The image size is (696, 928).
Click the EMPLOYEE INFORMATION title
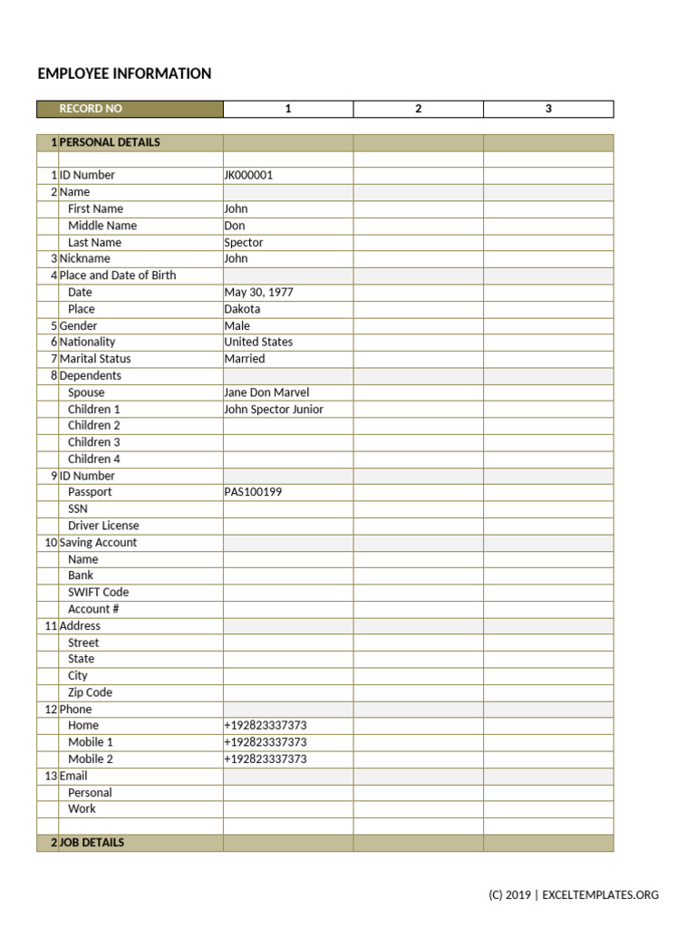tap(124, 73)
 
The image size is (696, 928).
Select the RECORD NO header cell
tap(91, 109)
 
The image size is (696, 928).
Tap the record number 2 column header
tap(418, 109)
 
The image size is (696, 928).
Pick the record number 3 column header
tap(548, 109)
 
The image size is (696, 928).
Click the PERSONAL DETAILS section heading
tap(110, 142)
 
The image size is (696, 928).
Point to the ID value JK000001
tap(248, 175)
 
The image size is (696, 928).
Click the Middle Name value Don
tap(235, 226)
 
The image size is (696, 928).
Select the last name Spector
tap(244, 243)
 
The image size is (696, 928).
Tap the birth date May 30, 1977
tap(258, 293)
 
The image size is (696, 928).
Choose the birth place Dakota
tap(242, 309)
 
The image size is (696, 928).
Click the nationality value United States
tap(258, 342)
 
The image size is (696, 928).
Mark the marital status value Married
tap(245, 359)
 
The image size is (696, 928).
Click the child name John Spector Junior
tap(274, 410)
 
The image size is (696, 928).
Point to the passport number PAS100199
tap(253, 492)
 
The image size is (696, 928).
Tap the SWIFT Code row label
tap(98, 592)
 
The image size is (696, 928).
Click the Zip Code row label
tap(90, 692)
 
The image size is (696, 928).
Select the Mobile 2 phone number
tap(265, 759)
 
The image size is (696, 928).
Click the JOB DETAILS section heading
tap(92, 843)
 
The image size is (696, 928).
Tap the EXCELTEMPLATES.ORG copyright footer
tap(574, 895)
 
